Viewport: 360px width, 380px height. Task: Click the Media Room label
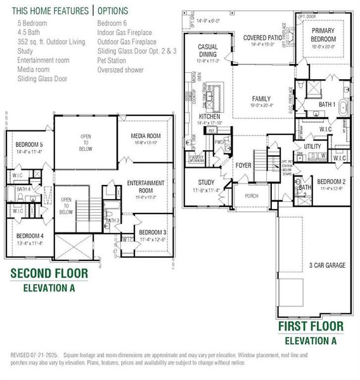pyautogui.click(x=146, y=136)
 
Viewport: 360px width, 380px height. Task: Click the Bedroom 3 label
pyautogui.click(x=153, y=232)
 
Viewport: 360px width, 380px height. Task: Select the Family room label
pyautogui.click(x=260, y=99)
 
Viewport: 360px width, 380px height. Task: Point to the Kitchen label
pyautogui.click(x=209, y=117)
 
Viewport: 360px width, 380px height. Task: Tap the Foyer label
pyautogui.click(x=244, y=166)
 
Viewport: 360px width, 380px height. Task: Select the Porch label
pyautogui.click(x=251, y=196)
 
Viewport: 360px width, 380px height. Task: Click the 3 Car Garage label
pyautogui.click(x=327, y=265)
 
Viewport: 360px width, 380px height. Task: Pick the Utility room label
pyautogui.click(x=312, y=146)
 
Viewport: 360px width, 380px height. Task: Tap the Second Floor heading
pyautogui.click(x=49, y=274)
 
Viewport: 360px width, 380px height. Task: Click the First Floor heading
pyautogui.click(x=311, y=326)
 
